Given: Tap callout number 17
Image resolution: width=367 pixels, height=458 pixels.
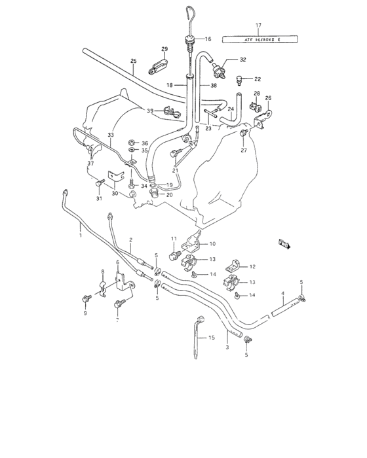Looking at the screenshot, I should (x=258, y=26).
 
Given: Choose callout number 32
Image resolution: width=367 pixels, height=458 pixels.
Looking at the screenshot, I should (x=242, y=60).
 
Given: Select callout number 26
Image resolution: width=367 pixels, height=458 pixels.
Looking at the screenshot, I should (x=267, y=98).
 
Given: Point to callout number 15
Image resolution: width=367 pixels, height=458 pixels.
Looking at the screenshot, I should (x=212, y=338).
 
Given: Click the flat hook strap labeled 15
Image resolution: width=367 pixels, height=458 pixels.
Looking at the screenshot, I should (x=197, y=337).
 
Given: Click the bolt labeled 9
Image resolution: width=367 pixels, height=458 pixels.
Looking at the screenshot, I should (x=86, y=299).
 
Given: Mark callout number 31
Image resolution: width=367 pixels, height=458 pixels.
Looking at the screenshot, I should (x=99, y=199).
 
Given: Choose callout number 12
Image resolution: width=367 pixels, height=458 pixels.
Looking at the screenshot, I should (x=252, y=266).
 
